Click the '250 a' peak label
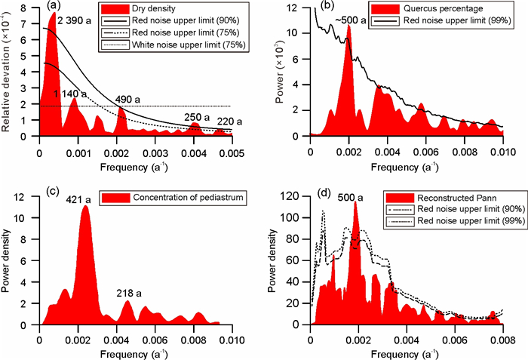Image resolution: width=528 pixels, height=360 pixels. [x=195, y=117]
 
